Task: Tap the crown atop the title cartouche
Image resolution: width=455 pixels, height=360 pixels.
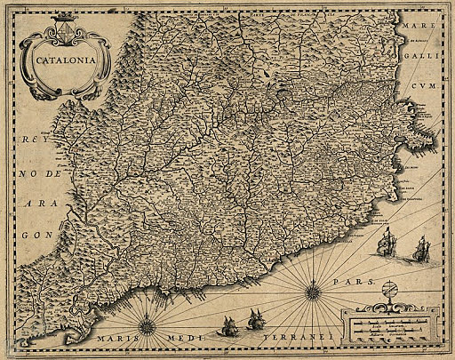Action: click(65, 20)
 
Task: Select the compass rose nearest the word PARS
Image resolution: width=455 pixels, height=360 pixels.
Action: click(314, 289)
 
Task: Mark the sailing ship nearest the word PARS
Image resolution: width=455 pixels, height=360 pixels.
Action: click(387, 241)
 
